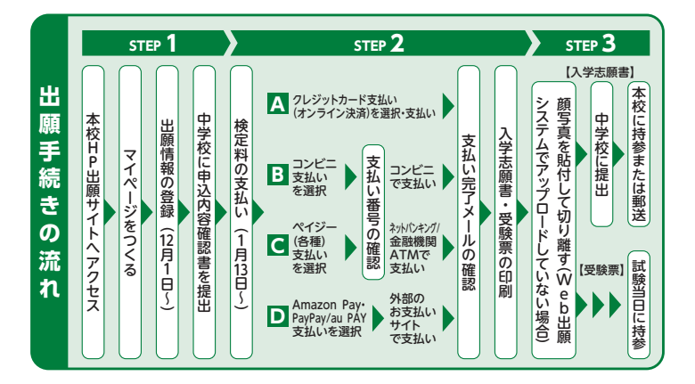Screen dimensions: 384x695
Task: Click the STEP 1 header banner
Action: [153, 42]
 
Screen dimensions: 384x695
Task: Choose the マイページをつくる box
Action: [131, 212]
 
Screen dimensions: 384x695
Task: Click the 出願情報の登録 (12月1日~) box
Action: [168, 212]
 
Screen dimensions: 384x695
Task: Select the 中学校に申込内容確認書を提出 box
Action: [206, 212]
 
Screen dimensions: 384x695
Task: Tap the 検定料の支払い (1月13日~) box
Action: [242, 212]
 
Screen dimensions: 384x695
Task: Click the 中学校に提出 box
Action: [601, 144]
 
